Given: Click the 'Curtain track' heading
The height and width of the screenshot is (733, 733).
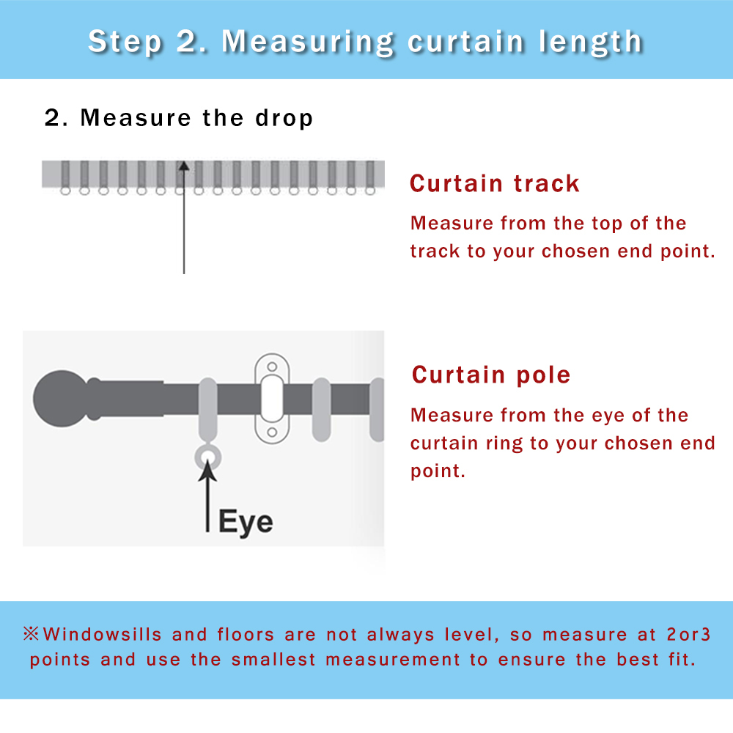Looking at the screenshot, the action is (495, 183).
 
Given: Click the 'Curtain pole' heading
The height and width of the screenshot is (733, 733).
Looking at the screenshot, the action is (491, 375).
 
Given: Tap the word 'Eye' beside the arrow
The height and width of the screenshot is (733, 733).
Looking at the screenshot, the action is (246, 522).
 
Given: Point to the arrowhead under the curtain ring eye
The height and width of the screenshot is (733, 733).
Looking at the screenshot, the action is (207, 470).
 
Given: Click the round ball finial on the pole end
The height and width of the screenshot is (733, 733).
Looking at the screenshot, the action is (62, 399).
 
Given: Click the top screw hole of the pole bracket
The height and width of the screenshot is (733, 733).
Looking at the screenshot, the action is (272, 366).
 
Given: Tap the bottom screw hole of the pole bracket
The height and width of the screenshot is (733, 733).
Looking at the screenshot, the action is (272, 432).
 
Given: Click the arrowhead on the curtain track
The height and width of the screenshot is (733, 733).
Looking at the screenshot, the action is (184, 166).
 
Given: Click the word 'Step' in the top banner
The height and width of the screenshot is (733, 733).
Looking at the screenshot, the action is (125, 42).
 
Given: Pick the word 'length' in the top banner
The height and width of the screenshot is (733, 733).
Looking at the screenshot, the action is (590, 41).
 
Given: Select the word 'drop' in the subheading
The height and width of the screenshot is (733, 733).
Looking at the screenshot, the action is (284, 118).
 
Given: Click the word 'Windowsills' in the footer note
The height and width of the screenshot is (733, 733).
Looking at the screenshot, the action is (103, 634).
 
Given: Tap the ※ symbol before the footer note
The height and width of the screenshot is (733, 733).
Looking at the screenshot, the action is (32, 634).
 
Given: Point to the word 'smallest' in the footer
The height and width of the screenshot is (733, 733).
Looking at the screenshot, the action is (273, 660).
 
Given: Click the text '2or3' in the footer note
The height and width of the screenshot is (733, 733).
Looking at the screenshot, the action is (688, 634).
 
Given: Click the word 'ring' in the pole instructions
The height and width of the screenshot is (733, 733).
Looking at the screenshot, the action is (504, 443).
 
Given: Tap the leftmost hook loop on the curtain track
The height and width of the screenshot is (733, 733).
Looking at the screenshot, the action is (65, 191).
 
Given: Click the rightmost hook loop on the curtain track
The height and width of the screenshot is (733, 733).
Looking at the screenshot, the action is (370, 191).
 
